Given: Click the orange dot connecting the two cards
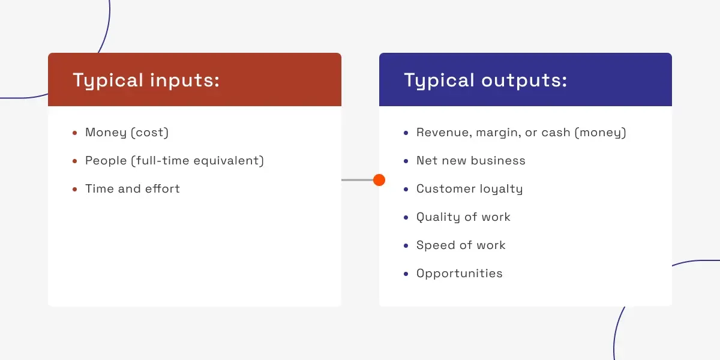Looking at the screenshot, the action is [x=379, y=180].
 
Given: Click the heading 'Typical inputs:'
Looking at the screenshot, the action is [x=146, y=80].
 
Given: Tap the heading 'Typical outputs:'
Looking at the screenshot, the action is [x=485, y=80].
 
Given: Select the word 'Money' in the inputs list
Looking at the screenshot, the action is [x=106, y=133].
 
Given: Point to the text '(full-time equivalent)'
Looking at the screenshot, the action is [x=197, y=161].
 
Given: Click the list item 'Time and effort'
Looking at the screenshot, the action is [x=133, y=188].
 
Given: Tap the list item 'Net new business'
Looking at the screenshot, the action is [x=471, y=160].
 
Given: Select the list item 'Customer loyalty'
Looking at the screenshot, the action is [x=470, y=189].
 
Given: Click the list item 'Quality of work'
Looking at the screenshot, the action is [x=463, y=217].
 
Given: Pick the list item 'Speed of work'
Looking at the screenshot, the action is [x=461, y=245].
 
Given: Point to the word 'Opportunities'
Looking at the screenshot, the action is [x=460, y=274].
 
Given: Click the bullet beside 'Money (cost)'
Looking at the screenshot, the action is [x=75, y=133].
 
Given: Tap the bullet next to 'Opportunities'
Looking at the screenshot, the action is [x=406, y=274].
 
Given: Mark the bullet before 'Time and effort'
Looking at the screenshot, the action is [x=75, y=190].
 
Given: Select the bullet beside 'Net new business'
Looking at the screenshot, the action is [x=406, y=161].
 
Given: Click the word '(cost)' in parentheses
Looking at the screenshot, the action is [x=150, y=133].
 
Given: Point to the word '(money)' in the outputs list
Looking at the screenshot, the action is [x=601, y=133].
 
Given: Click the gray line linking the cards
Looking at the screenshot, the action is [x=358, y=180].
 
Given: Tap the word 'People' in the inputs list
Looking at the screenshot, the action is [x=106, y=161].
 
